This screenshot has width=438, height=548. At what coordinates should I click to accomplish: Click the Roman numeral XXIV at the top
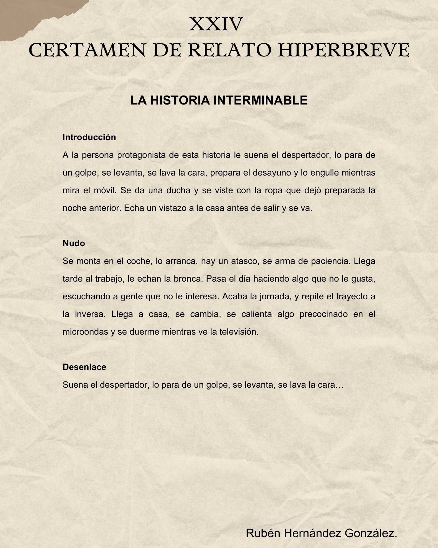[216, 24]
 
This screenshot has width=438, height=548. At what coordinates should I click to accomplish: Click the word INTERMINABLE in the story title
[261, 100]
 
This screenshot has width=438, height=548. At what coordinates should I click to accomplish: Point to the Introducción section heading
[89, 137]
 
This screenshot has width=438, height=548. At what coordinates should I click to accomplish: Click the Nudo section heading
[74, 243]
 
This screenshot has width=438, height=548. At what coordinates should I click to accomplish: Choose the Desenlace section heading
[84, 367]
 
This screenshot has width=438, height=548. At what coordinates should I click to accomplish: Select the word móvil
[105, 190]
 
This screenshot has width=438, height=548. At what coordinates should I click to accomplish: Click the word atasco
[245, 261]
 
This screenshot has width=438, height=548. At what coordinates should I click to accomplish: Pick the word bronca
[188, 278]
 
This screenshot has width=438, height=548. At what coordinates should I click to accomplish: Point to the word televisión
[239, 332]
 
